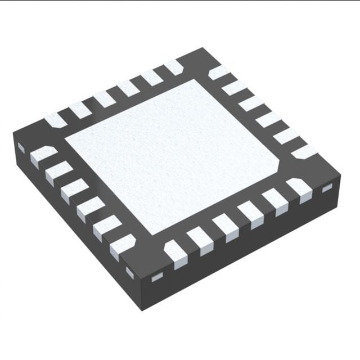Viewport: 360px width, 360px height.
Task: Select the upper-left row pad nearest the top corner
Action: [x=174, y=67]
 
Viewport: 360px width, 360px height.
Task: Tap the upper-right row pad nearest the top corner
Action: [x=219, y=73]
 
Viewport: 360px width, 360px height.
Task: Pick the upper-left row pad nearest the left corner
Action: [x=56, y=119]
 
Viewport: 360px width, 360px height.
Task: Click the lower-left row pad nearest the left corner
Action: [x=43, y=155]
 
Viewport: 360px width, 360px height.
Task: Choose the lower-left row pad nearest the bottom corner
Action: [x=122, y=246]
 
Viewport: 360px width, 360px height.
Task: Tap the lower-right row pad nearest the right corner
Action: [x=299, y=189]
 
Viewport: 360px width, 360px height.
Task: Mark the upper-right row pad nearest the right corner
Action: [x=303, y=151]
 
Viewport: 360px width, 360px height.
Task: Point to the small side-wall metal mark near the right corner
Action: [x=327, y=189]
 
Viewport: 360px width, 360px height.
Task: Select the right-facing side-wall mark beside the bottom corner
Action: [x=156, y=276]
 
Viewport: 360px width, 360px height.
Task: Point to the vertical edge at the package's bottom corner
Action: [x=141, y=292]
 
